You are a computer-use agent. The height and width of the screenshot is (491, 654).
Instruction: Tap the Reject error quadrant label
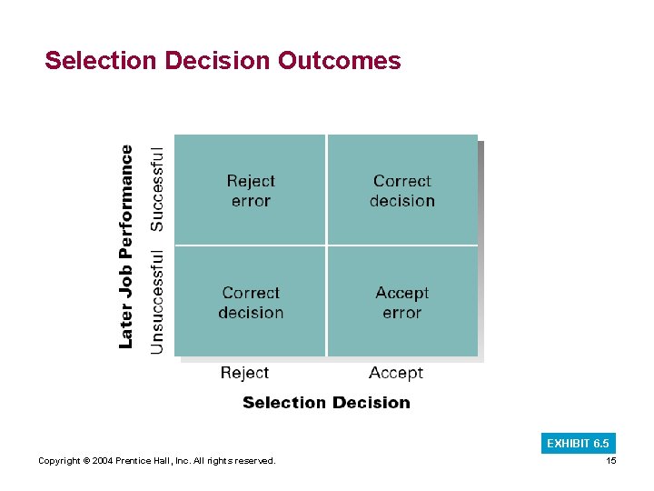coord(251,191)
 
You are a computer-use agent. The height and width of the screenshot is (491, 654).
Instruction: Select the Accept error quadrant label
coord(401,303)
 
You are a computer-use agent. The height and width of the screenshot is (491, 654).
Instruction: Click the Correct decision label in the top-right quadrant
coord(401,191)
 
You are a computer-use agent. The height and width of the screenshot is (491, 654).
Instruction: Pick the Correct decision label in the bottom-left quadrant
coord(251,303)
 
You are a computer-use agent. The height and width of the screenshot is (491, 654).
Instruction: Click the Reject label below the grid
coord(244,373)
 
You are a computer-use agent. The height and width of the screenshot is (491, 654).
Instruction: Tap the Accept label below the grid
coord(396,373)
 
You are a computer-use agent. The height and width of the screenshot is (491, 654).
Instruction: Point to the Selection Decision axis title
coord(326,403)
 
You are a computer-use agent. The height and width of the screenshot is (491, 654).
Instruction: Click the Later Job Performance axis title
coord(127,246)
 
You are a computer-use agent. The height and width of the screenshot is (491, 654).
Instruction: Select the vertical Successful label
coord(157,188)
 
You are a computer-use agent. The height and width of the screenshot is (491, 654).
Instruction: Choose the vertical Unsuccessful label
coord(157,302)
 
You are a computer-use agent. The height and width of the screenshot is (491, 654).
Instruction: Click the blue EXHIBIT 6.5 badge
coord(578,444)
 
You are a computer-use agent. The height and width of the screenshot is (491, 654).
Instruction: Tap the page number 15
coord(610,461)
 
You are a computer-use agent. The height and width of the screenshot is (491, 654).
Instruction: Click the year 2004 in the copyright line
coord(102,461)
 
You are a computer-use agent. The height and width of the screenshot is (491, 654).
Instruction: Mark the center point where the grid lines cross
coord(326,245)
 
